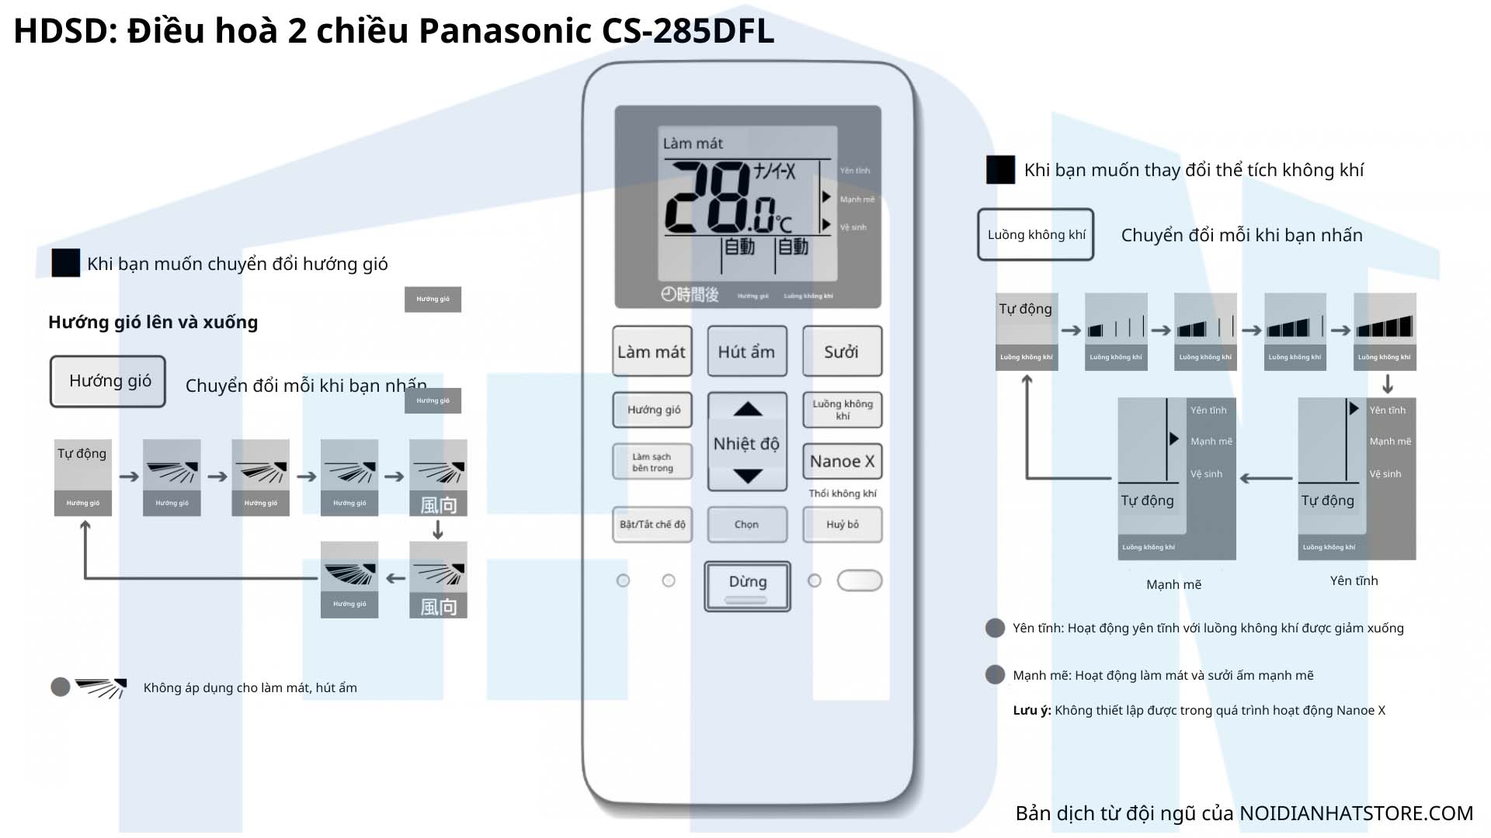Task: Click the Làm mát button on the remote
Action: [x=652, y=351]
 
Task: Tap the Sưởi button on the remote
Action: [x=842, y=351]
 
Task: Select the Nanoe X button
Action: [x=842, y=461]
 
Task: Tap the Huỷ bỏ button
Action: [x=842, y=525]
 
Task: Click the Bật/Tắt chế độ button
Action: [x=652, y=525]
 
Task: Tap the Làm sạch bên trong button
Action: [x=652, y=462]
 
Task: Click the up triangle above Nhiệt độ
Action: [x=748, y=409]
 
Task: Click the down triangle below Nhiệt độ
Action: [x=748, y=476]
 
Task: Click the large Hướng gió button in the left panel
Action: [x=108, y=381]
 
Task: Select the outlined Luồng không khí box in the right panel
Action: [x=1036, y=234]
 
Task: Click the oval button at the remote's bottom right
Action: [x=860, y=580]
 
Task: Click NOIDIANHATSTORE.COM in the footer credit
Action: [x=1356, y=813]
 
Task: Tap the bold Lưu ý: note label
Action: [x=1031, y=710]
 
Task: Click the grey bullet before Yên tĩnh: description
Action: [x=995, y=628]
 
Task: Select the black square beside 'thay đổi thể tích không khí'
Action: [x=1000, y=170]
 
